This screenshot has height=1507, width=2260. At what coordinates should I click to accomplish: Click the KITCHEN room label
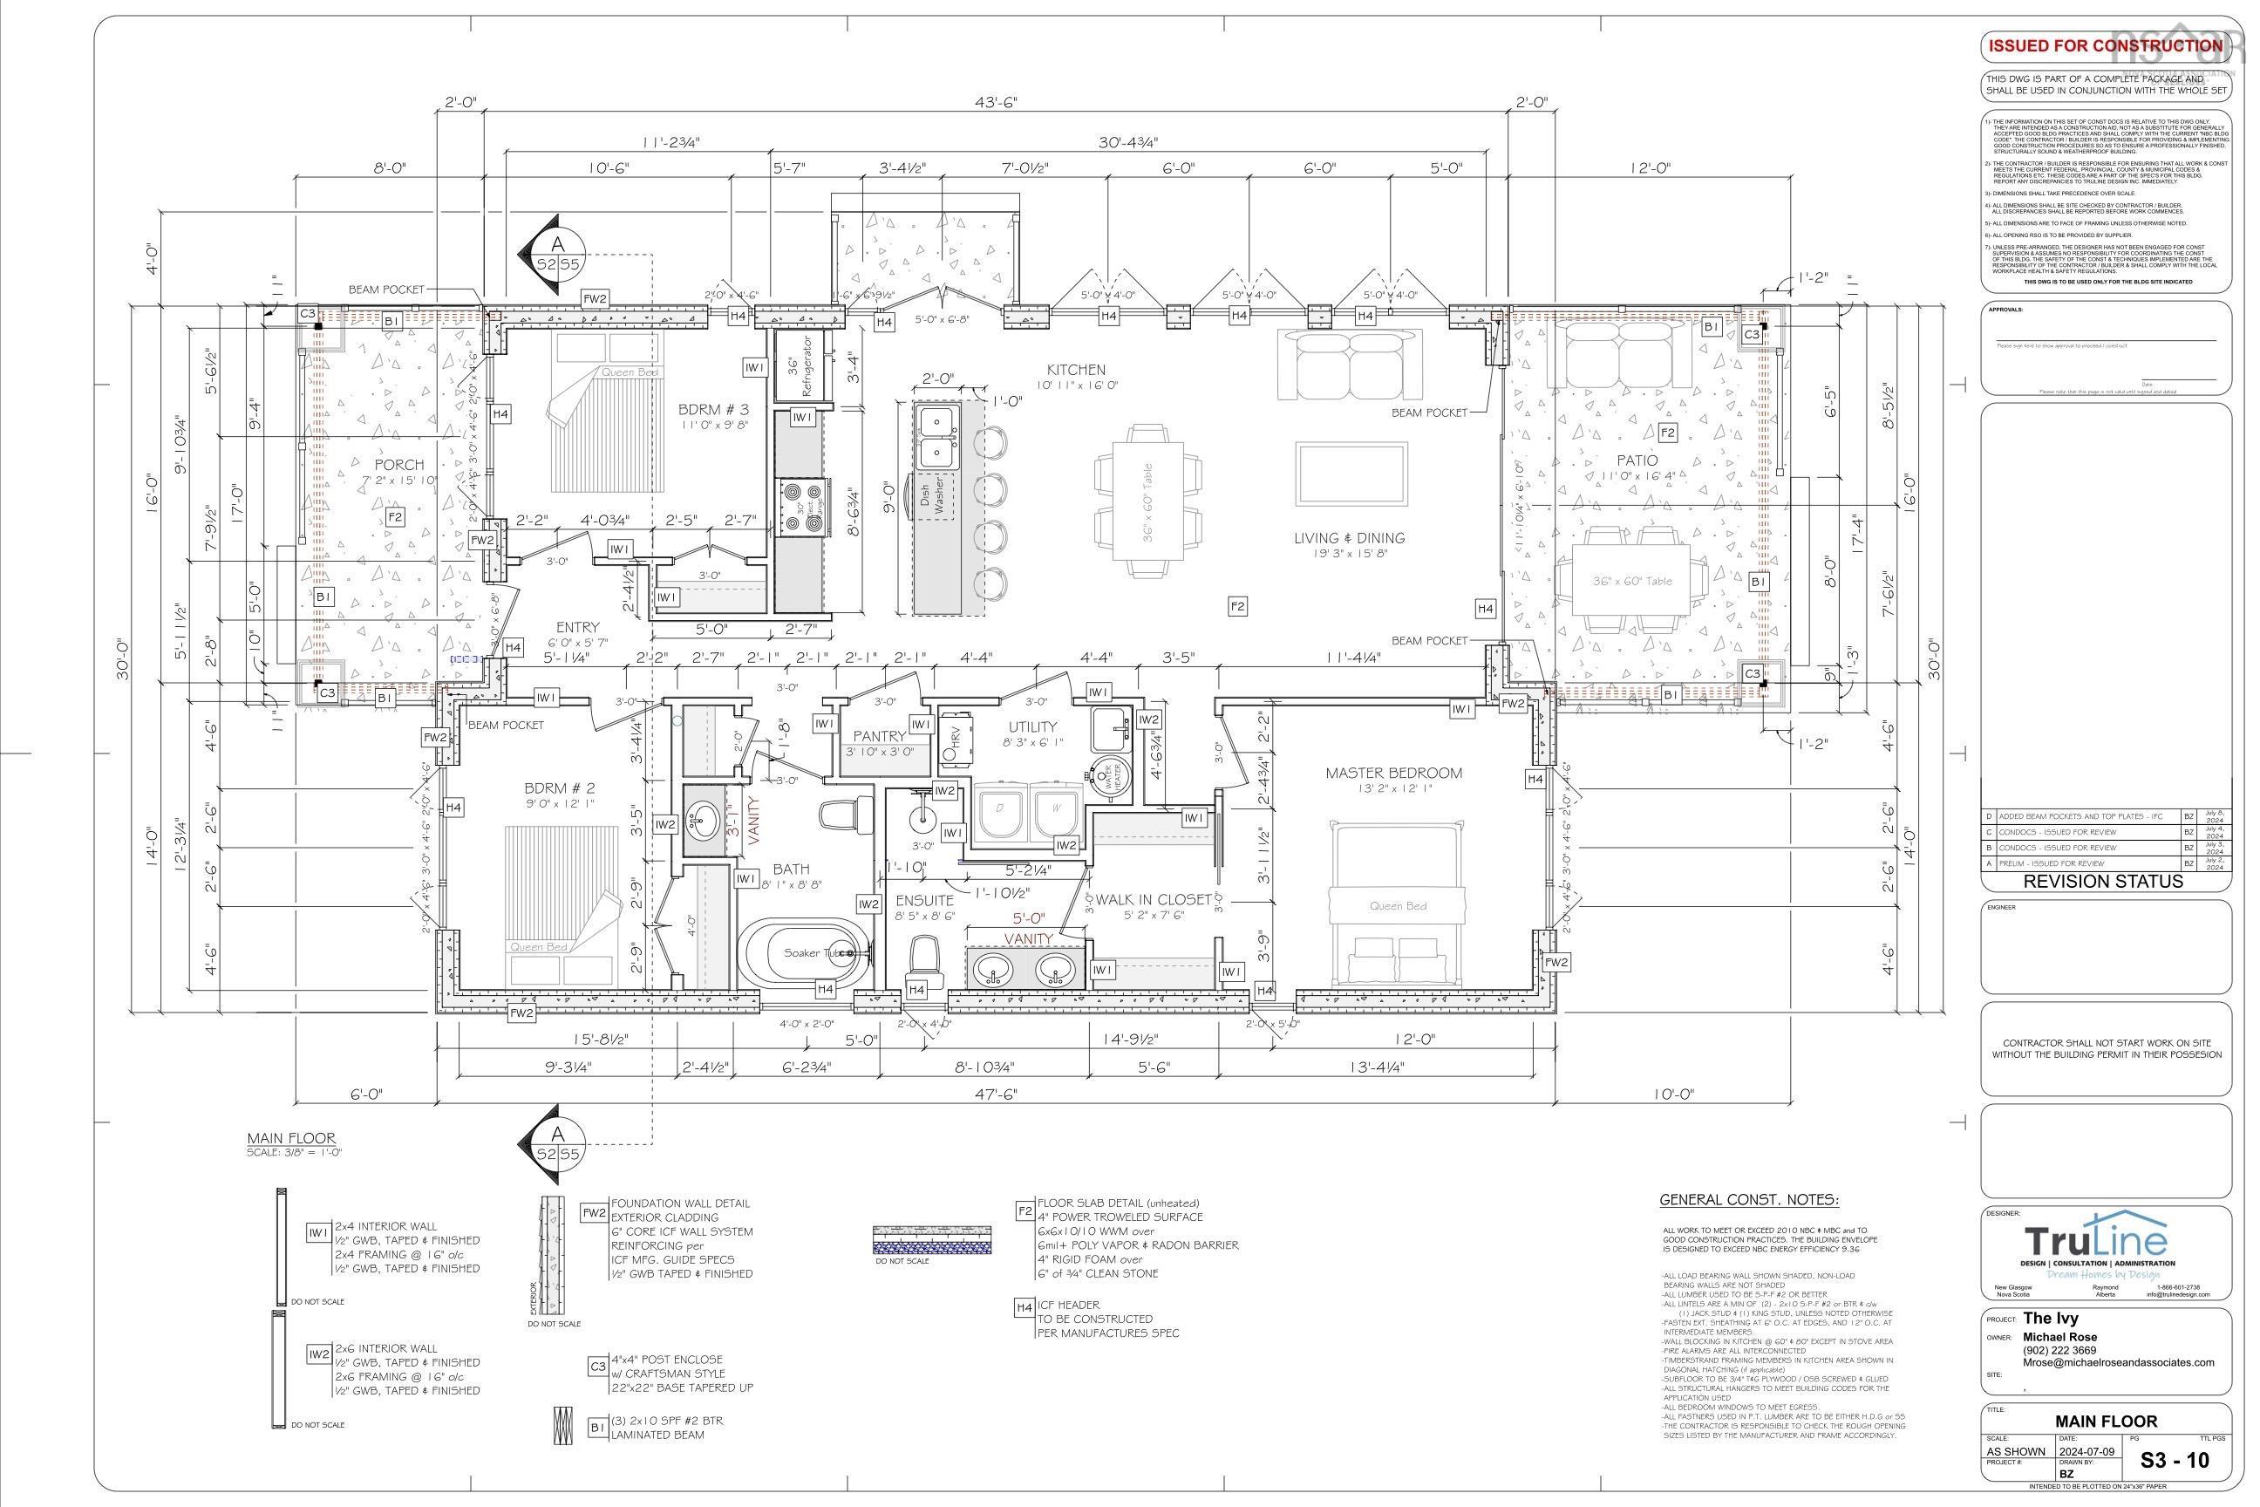[1076, 370]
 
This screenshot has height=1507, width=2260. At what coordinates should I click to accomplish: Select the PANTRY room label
[879, 736]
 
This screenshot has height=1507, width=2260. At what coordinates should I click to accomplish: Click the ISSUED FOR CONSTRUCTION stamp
[2103, 46]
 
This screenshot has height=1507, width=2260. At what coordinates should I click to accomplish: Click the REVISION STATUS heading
[2102, 882]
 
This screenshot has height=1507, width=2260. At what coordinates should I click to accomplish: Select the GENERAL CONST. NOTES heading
[1749, 1200]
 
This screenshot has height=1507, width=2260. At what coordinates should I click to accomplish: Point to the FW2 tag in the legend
[594, 1212]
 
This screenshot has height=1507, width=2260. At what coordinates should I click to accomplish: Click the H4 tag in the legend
[1024, 1308]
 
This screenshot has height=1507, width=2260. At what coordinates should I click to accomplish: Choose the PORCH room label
[398, 465]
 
